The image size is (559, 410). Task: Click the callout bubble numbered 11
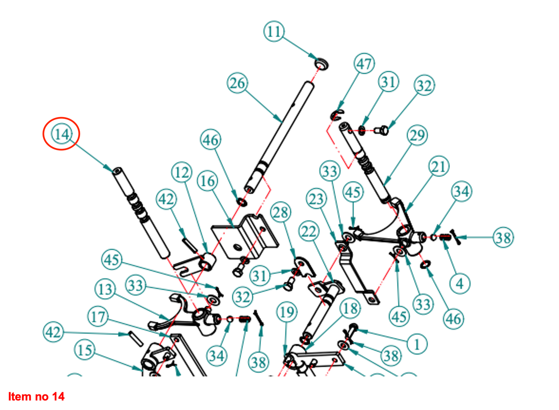tap(274, 31)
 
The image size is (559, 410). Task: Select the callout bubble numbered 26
tap(238, 83)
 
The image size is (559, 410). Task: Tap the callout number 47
tap(364, 64)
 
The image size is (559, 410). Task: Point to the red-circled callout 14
tap(62, 134)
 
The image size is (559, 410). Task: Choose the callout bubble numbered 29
tap(417, 135)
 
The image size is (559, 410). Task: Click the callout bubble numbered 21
tap(439, 167)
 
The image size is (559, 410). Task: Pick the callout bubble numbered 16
tap(208, 181)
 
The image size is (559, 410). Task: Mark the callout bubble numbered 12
tap(182, 172)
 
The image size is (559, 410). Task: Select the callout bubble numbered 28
tap(280, 212)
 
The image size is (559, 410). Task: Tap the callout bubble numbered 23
tap(316, 199)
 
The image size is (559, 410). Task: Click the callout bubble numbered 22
tap(309, 232)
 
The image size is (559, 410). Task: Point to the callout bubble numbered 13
tap(105, 289)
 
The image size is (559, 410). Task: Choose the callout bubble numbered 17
tap(98, 317)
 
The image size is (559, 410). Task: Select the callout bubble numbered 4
tap(460, 284)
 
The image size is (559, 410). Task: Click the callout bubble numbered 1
tap(417, 344)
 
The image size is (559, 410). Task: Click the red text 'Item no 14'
tap(36, 396)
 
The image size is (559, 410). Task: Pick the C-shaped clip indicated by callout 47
tap(336, 115)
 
